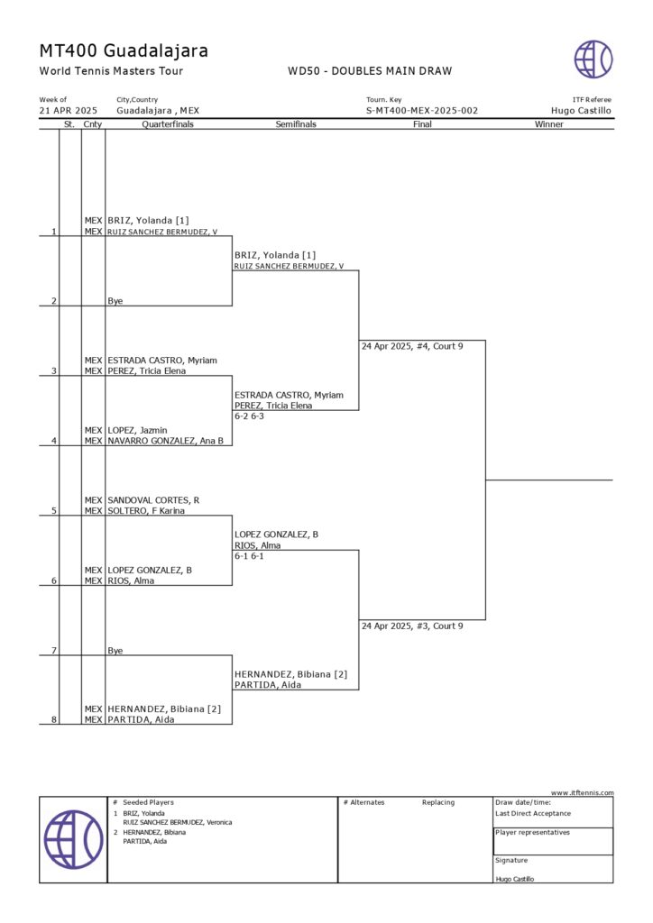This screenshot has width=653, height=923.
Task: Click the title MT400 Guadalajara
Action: coord(124,50)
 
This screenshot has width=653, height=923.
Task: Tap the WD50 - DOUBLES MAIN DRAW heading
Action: coord(370,71)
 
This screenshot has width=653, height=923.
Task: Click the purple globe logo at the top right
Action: coord(593,59)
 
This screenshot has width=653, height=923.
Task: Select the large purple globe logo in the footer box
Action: coord(73,839)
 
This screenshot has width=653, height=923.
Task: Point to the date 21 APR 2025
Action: coord(69,111)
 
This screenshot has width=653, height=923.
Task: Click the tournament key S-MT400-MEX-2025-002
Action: coord(421,111)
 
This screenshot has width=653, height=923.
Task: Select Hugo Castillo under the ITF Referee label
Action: coord(581,111)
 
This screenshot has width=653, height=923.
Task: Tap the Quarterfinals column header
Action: coord(168,124)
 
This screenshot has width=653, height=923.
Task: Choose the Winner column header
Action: coord(548,124)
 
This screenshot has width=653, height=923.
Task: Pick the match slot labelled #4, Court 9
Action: coord(412,346)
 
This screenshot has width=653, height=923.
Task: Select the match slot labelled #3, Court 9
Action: coord(412,626)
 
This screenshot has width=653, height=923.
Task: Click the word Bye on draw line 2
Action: coord(115,301)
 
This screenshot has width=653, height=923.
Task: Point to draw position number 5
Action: coord(54,511)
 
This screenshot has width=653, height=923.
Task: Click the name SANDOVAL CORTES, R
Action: coord(153,500)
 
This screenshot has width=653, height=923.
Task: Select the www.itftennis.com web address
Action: coord(582,792)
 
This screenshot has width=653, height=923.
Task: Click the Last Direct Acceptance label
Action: coord(533,813)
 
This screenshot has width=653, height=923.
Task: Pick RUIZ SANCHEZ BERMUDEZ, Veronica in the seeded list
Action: coord(178,822)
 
